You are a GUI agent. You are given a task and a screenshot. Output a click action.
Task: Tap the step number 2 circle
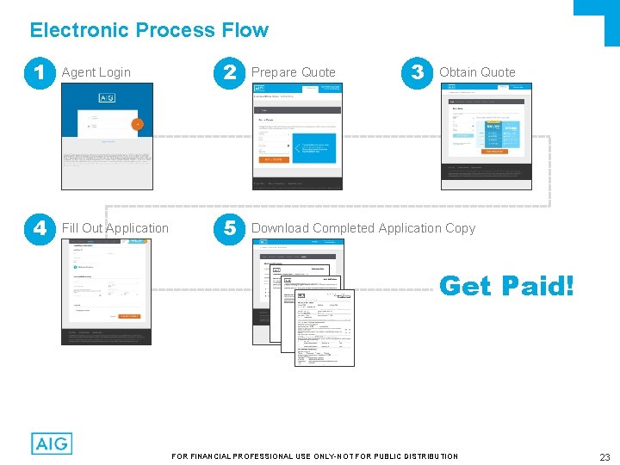[229, 73]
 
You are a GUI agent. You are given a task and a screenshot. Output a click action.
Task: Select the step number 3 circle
[418, 73]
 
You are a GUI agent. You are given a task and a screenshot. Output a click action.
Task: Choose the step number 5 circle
[229, 229]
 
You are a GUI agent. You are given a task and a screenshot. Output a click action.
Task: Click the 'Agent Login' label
[96, 72]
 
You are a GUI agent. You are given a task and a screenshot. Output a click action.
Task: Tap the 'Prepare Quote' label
[293, 72]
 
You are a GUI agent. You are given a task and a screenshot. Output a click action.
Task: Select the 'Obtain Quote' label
[477, 72]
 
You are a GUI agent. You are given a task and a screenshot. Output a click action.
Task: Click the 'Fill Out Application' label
[115, 228]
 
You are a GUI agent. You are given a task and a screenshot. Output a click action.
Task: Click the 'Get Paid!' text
[506, 286]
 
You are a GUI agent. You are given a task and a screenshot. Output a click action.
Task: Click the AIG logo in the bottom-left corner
[52, 443]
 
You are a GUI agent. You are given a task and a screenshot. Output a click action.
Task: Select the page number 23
[604, 457]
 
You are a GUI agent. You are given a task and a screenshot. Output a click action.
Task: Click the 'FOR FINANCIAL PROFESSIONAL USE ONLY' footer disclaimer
[315, 456]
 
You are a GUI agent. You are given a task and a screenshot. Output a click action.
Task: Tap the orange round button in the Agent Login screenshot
[135, 124]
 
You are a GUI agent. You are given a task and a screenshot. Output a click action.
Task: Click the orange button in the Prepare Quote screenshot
[273, 159]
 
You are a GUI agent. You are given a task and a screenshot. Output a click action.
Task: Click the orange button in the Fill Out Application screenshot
[129, 316]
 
